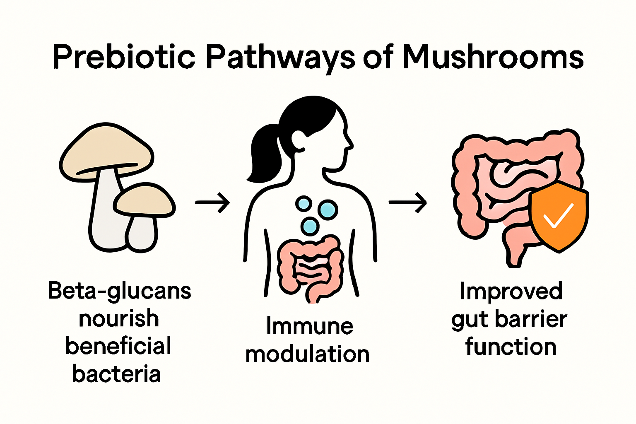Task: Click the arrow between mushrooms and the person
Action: (212, 202)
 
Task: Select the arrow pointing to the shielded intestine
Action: (408, 202)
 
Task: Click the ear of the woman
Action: (299, 139)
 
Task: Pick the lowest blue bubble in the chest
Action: (310, 226)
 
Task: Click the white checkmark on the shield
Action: (559, 215)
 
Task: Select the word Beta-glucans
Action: (120, 291)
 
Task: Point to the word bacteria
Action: (116, 374)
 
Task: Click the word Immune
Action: (309, 326)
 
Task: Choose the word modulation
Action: (307, 354)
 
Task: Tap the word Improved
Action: (511, 291)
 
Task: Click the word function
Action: (511, 347)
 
